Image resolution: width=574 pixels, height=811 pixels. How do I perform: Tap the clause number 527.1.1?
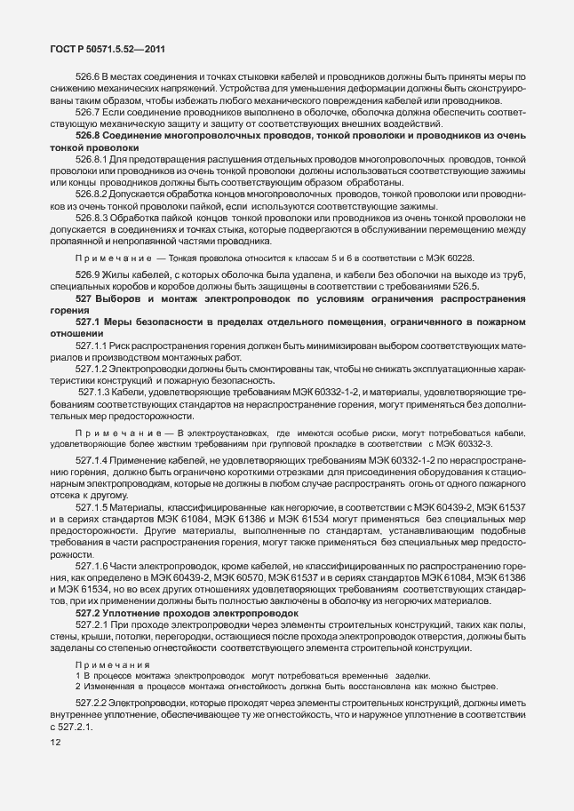pyautogui.click(x=92, y=342)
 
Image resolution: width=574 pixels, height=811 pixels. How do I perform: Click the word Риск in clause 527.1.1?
pyautogui.click(x=124, y=342)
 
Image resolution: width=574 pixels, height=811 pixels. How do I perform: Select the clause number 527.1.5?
pyautogui.click(x=92, y=505)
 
